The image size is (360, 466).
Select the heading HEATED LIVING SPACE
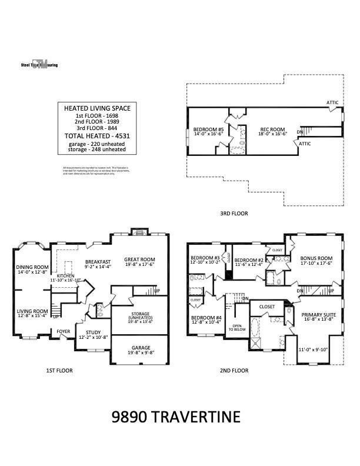[97, 108]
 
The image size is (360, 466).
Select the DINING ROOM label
[32, 267]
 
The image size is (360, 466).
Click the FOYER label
[63, 331]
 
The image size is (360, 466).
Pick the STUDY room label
[93, 332]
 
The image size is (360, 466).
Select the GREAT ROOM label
[139, 259]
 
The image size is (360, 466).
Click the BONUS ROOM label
[316, 258]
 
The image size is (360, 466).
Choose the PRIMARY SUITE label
[318, 315]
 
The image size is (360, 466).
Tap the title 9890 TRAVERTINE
[176, 417]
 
